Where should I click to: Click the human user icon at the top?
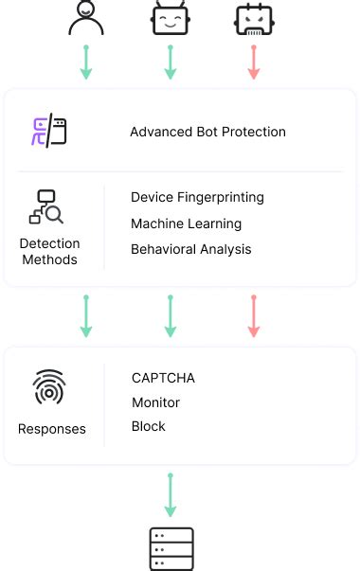(86, 18)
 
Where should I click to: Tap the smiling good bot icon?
(170, 18)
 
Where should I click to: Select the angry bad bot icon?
(254, 18)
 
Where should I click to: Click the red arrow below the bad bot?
(254, 62)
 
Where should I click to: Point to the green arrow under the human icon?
(86, 62)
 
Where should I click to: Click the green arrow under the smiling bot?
(170, 62)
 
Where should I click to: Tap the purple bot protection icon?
(49, 132)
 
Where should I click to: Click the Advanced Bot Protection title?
(207, 132)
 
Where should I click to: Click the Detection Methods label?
(49, 251)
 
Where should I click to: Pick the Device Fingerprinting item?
(197, 198)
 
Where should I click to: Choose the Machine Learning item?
(186, 223)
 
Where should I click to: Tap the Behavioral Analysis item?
(191, 249)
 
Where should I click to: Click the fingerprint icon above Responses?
(49, 387)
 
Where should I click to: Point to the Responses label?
(51, 429)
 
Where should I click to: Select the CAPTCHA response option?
(163, 378)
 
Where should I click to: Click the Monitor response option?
(155, 402)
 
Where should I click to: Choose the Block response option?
(149, 426)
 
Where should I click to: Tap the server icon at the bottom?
(171, 549)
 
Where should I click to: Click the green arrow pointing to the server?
(171, 494)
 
